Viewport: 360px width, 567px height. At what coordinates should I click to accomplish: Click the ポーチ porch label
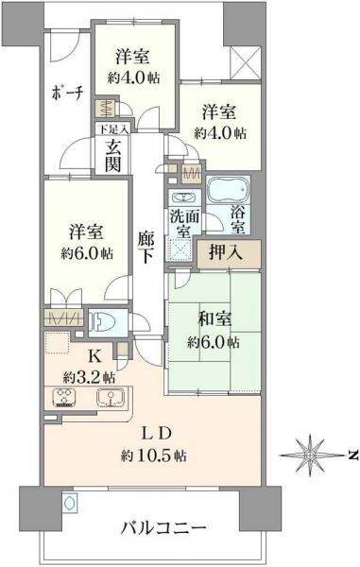pyautogui.click(x=67, y=92)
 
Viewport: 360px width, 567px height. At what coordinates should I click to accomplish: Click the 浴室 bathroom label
pyautogui.click(x=239, y=218)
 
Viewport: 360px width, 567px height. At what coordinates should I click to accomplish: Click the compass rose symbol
pyautogui.click(x=310, y=455)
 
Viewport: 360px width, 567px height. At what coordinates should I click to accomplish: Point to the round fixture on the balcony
pyautogui.click(x=69, y=503)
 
